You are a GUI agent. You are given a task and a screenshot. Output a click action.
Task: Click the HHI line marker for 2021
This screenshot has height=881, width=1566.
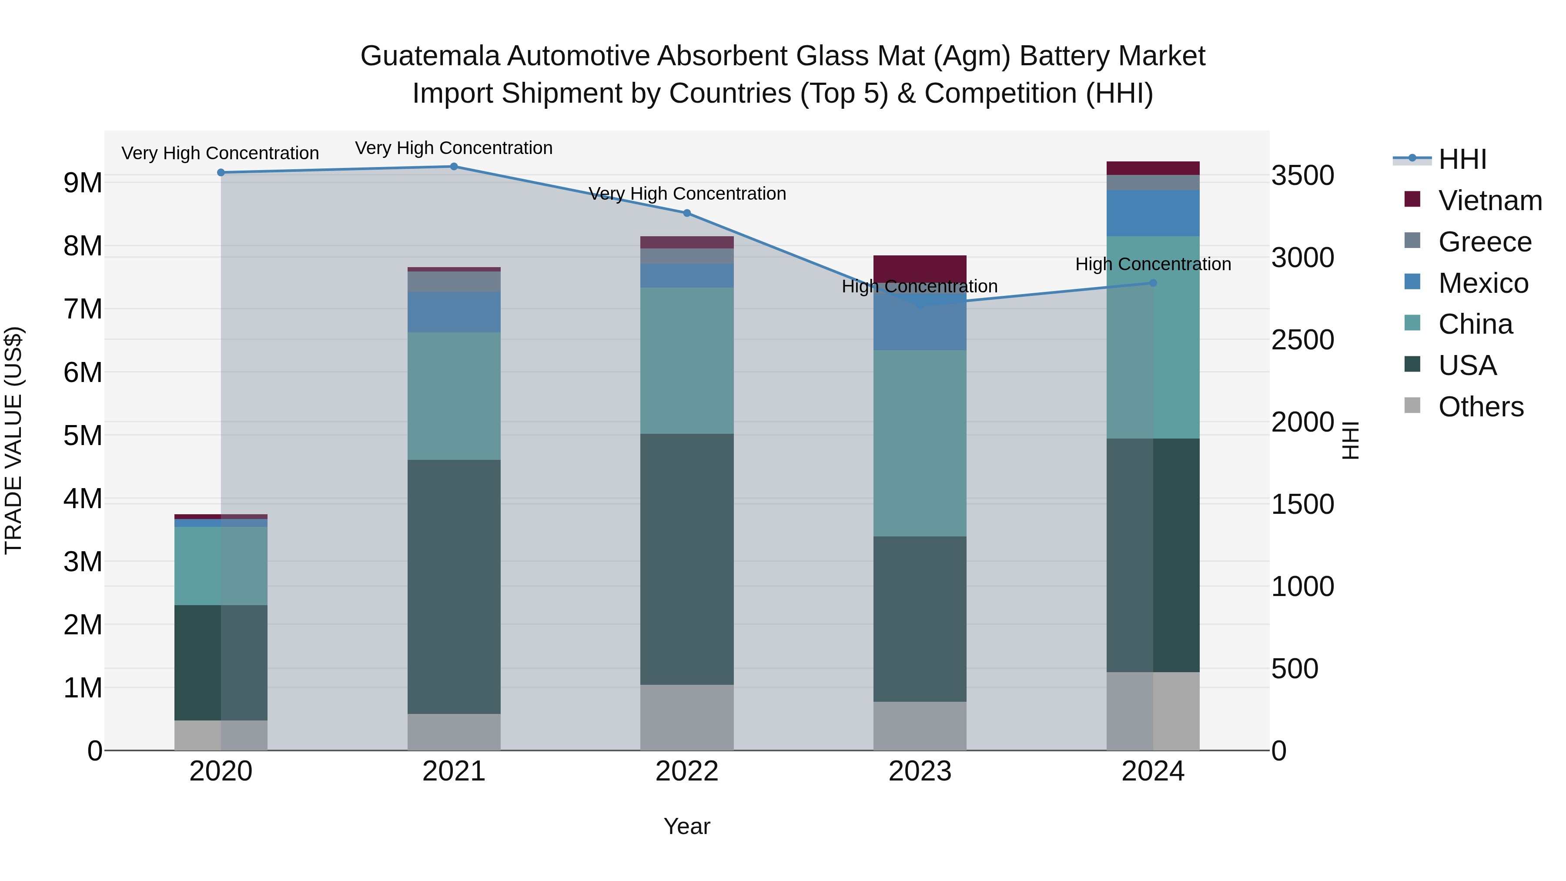pyautogui.click(x=454, y=167)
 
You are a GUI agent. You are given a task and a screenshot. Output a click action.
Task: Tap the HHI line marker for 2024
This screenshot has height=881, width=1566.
pyautogui.click(x=1153, y=283)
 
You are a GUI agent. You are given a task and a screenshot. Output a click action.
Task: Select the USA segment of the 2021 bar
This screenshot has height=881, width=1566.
pyautogui.click(x=454, y=587)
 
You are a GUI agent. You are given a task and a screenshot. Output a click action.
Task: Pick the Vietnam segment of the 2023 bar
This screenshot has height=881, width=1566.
pyautogui.click(x=920, y=268)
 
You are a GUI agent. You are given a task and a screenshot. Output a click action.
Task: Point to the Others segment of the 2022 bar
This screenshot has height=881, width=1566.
pyautogui.click(x=687, y=717)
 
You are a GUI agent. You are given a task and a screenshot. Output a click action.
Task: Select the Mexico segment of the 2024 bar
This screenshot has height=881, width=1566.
pyautogui.click(x=1153, y=213)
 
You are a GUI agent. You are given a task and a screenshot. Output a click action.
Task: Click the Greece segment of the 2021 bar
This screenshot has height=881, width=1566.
pyautogui.click(x=454, y=281)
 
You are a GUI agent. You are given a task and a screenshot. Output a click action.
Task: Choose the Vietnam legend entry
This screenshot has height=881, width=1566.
pyautogui.click(x=1489, y=201)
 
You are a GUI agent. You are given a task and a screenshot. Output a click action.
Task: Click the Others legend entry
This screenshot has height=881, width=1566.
pyautogui.click(x=1480, y=407)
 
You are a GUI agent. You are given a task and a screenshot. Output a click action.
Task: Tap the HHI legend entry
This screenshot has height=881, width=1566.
pyautogui.click(x=1462, y=159)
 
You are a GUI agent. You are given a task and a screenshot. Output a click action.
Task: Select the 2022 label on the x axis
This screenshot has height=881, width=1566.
pyautogui.click(x=687, y=771)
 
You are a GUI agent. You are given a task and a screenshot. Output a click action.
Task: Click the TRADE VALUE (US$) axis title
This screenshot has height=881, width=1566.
pyautogui.click(x=14, y=440)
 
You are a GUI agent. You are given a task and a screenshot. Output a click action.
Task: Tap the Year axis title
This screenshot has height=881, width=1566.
pyautogui.click(x=687, y=826)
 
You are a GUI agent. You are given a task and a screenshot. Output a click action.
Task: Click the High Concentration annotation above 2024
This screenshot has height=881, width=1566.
pyautogui.click(x=1153, y=265)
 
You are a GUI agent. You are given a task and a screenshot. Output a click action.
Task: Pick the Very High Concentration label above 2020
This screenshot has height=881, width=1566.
pyautogui.click(x=220, y=153)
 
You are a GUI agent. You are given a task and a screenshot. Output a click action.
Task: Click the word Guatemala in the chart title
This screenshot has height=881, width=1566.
pyautogui.click(x=430, y=57)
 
